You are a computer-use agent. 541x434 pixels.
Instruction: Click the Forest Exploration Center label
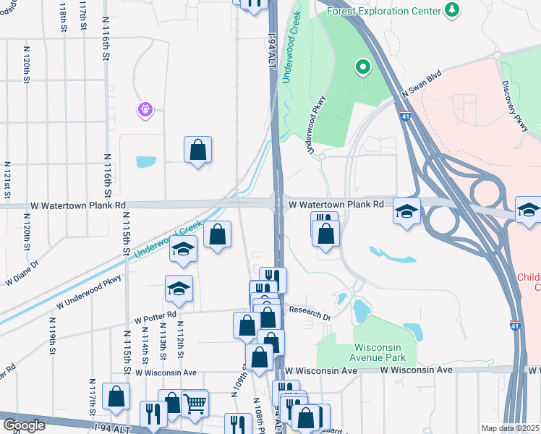point(383,12)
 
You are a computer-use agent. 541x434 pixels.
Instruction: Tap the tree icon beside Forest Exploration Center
point(452,9)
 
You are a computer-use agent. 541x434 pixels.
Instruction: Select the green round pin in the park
point(362,68)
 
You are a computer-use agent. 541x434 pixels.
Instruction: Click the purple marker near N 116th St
point(145,109)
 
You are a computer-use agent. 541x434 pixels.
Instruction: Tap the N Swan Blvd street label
point(421,85)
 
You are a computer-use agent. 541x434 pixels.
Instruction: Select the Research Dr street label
point(310,313)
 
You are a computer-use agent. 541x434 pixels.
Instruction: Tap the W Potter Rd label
point(155,316)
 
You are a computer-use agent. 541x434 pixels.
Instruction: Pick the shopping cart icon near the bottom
point(195,404)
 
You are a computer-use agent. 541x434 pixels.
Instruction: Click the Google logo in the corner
point(24,425)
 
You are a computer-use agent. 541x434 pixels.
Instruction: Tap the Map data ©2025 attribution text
point(510,428)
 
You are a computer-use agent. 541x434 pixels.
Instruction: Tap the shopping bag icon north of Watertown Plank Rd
point(198,150)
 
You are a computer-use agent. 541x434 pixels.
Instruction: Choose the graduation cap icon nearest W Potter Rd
point(179,289)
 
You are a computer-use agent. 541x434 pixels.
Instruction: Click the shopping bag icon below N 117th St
point(116,396)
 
